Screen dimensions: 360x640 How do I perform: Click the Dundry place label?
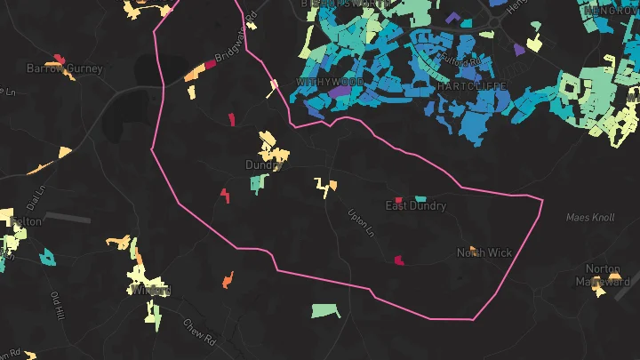click(x=265, y=165)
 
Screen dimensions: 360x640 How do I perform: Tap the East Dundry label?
click(x=415, y=206)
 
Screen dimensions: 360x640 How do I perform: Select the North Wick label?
click(x=484, y=253)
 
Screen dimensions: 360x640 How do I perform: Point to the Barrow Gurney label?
click(x=65, y=68)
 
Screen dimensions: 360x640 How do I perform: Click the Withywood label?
click(x=331, y=82)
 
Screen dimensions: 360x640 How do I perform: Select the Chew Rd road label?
click(x=199, y=333)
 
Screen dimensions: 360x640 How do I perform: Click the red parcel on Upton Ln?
click(x=399, y=260)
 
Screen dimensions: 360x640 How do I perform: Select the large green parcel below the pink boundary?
click(x=325, y=311)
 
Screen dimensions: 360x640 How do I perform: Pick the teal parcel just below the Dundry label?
click(x=258, y=184)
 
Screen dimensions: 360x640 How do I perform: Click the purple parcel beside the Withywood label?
click(x=339, y=92)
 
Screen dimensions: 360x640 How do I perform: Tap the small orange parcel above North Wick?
click(x=473, y=249)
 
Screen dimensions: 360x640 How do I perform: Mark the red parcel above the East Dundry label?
click(x=398, y=199)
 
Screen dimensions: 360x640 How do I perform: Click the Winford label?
click(x=149, y=290)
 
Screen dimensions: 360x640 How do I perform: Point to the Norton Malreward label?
click(x=609, y=276)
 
